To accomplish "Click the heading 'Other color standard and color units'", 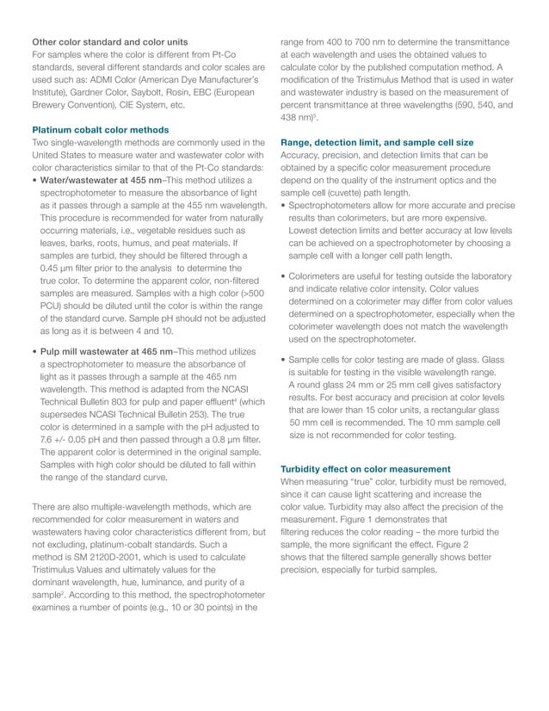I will (109, 41).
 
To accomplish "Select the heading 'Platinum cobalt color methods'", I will (100, 130).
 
